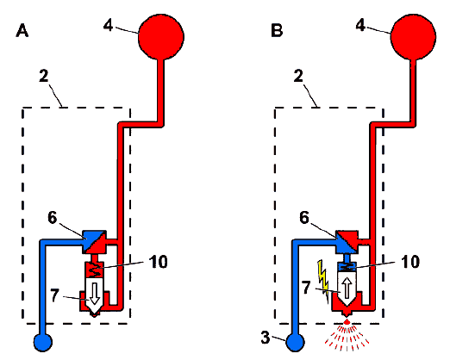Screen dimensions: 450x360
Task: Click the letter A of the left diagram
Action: coord(22,31)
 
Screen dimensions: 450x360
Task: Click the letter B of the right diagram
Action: coord(277,30)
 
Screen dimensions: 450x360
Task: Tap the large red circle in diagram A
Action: coord(161,37)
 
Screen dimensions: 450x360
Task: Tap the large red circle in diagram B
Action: coord(413,36)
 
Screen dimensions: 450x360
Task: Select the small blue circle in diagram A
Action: coord(43,342)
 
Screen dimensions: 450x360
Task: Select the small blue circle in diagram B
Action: coord(295,342)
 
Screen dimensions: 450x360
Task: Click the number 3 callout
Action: coord(266,338)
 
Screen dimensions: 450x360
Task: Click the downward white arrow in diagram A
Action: coord(94,294)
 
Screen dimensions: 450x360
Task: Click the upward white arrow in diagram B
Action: coord(347,288)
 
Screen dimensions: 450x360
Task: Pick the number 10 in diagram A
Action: coord(158,262)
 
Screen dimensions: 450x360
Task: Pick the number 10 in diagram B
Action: coord(410,262)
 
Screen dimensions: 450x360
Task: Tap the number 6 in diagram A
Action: coord(53,217)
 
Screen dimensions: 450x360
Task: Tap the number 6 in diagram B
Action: coord(304,217)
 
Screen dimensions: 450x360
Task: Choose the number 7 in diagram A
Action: coord(54,295)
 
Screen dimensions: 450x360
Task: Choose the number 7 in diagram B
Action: coord(306,288)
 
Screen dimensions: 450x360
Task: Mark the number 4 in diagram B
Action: coord(360,25)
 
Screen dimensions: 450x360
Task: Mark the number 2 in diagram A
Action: coord(44,76)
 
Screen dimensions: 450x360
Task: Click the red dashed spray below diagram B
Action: coord(347,335)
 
